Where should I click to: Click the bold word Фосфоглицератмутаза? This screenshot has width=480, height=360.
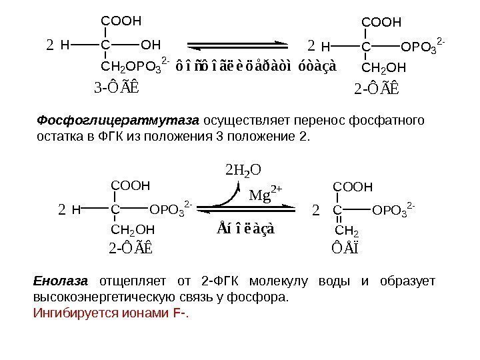click(117, 121)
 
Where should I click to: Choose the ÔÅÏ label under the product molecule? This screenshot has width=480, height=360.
click(347, 249)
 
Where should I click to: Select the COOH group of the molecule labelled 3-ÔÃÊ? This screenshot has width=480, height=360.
click(121, 21)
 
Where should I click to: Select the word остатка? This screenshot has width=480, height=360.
click(58, 136)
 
